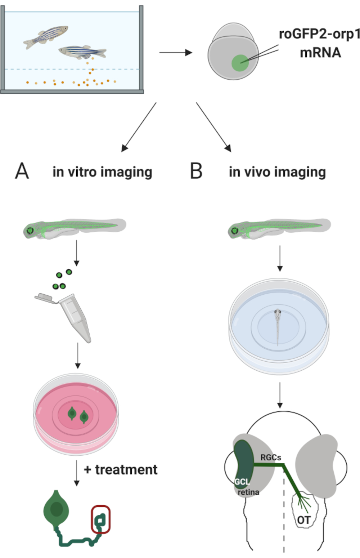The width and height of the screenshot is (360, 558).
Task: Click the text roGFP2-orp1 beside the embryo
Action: pyautogui.click(x=319, y=34)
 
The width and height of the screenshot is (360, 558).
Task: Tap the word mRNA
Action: pyautogui.click(x=320, y=53)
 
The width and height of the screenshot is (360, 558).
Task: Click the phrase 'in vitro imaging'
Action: pyautogui.click(x=102, y=172)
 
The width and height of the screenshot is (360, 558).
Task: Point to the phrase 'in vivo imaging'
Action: pyautogui.click(x=277, y=172)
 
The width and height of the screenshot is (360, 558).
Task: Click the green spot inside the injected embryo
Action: pyautogui.click(x=240, y=63)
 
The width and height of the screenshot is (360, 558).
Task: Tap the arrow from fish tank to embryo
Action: pyautogui.click(x=176, y=53)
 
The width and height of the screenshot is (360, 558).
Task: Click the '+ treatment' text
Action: pyautogui.click(x=121, y=470)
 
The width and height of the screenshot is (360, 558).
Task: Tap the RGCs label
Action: pyautogui.click(x=271, y=457)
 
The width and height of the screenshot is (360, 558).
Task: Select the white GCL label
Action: pyautogui.click(x=242, y=482)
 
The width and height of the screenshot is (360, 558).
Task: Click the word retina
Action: pyautogui.click(x=248, y=492)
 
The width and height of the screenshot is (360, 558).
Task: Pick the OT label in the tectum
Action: pyautogui.click(x=304, y=520)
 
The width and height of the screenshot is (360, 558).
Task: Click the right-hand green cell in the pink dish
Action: pyautogui.click(x=84, y=417)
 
